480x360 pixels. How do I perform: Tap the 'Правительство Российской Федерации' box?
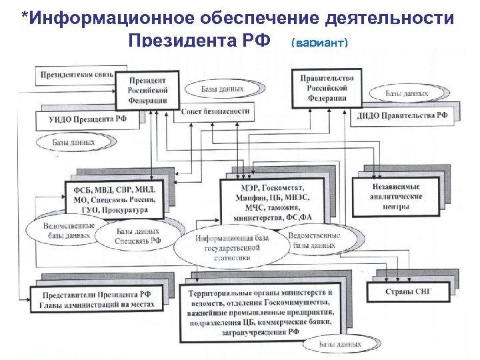[327, 87]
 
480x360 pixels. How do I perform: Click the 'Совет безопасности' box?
[215, 111]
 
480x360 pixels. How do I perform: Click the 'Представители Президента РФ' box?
[97, 299]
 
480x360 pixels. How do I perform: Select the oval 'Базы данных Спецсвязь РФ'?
[137, 235]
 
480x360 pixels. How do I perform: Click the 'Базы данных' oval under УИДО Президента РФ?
[75, 142]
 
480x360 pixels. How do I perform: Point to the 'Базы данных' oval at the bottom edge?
[339, 345]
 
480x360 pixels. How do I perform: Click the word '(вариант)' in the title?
[319, 43]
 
